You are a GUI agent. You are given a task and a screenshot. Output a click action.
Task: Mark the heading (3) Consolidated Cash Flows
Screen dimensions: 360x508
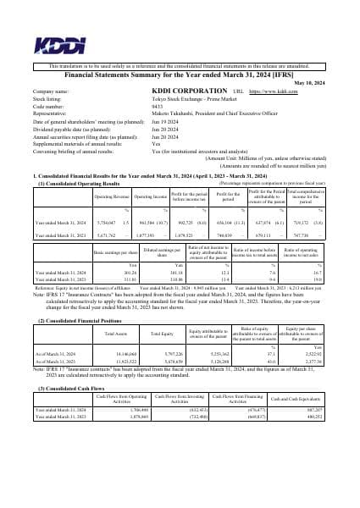(x=72, y=389)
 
